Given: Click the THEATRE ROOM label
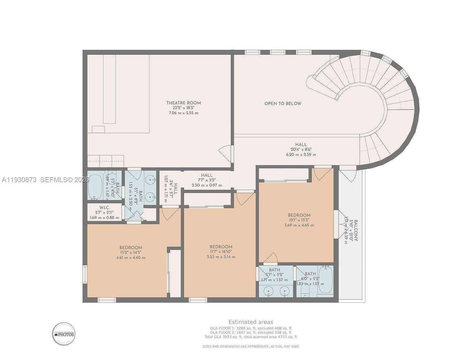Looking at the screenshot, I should point(183,103).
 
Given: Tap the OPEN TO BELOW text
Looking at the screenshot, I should point(283,104).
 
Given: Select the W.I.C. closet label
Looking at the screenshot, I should point(104,208).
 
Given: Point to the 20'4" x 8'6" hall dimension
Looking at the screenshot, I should point(301,149).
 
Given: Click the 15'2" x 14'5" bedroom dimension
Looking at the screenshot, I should point(131,253).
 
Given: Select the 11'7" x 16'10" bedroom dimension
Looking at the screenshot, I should point(221,252).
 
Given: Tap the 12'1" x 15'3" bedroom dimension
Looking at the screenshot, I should point(299,220).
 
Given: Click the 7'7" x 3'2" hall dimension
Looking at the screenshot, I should point(207,180).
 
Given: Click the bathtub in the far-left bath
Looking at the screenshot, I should point(95,187).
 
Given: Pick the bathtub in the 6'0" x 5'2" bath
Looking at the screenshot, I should point(326,279).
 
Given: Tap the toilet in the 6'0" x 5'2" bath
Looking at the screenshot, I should point(305,292).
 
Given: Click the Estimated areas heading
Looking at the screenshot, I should point(251,322).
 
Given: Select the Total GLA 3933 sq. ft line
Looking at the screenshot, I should point(251,337).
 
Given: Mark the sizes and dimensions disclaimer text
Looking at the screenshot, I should point(251,346).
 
